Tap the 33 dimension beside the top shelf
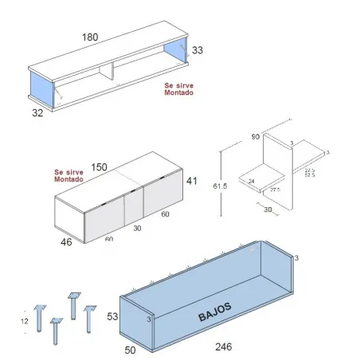point(198,50)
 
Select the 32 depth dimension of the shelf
point(37,113)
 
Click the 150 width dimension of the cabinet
point(99,167)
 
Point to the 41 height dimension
point(191,181)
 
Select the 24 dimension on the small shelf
point(252,181)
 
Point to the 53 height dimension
point(112,317)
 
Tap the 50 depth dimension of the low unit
point(128,348)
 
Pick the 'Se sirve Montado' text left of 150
point(68,175)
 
